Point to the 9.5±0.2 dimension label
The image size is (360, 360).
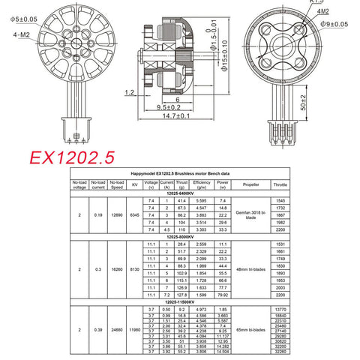[170, 107]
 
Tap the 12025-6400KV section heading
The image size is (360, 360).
[181, 193]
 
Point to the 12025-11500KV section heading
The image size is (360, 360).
[181, 302]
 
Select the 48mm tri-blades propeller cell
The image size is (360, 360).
[251, 268]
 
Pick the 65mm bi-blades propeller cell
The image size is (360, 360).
[251, 328]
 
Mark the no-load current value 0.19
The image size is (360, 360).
[97, 214]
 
